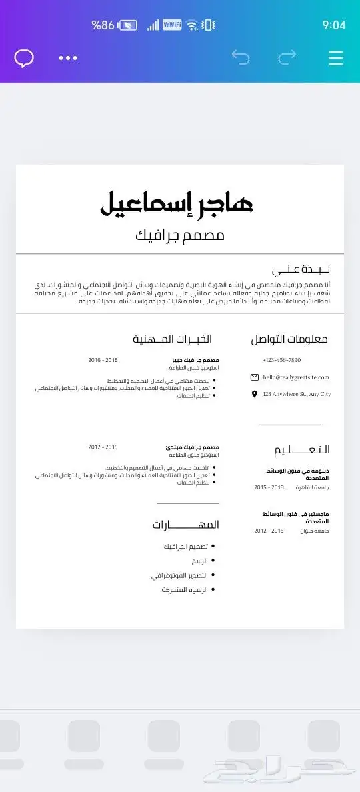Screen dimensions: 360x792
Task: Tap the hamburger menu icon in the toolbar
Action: [336, 58]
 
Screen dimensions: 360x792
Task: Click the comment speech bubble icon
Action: [24, 58]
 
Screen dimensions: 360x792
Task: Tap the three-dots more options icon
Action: [68, 58]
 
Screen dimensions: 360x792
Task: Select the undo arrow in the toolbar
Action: [241, 58]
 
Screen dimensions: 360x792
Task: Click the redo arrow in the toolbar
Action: [287, 58]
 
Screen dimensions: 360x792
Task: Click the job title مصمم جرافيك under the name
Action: [180, 235]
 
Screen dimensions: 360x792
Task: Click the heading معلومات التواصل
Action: [289, 339]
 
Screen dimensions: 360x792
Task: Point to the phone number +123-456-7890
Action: [281, 360]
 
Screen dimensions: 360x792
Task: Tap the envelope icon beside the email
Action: [254, 377]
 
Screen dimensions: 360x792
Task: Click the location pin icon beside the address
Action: [254, 395]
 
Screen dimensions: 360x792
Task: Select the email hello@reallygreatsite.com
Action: [296, 377]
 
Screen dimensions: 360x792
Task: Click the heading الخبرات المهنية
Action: [172, 339]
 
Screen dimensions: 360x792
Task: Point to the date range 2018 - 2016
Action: [103, 360]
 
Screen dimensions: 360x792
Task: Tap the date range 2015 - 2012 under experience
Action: [103, 447]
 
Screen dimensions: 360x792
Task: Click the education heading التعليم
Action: [301, 449]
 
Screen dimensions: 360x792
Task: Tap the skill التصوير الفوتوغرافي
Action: [179, 575]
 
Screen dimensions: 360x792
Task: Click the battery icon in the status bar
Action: [129, 25]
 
